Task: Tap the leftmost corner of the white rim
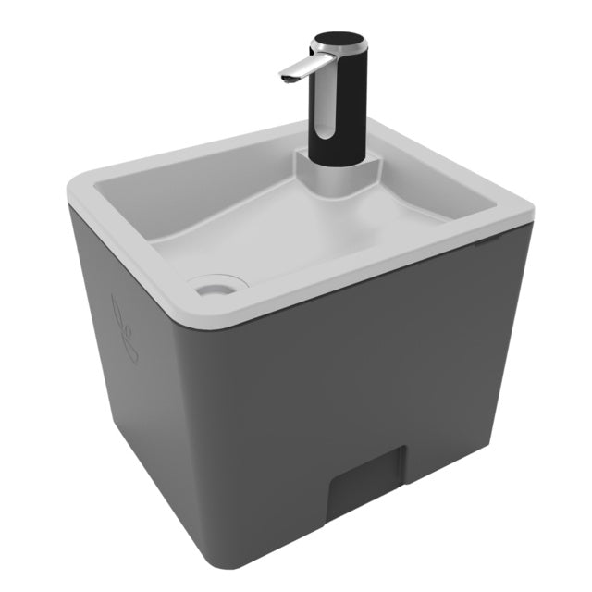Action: click(72, 190)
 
